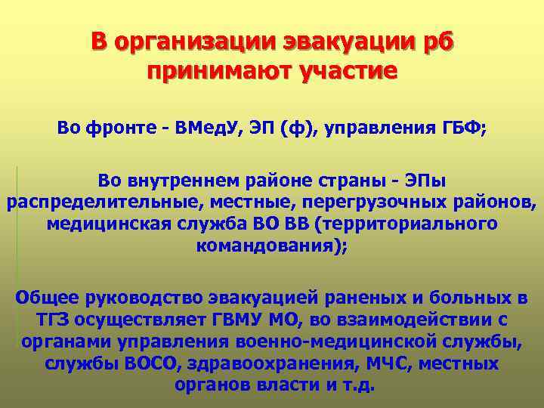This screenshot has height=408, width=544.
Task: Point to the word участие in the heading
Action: pos(351,72)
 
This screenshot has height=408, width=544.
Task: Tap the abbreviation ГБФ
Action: pos(464,129)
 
